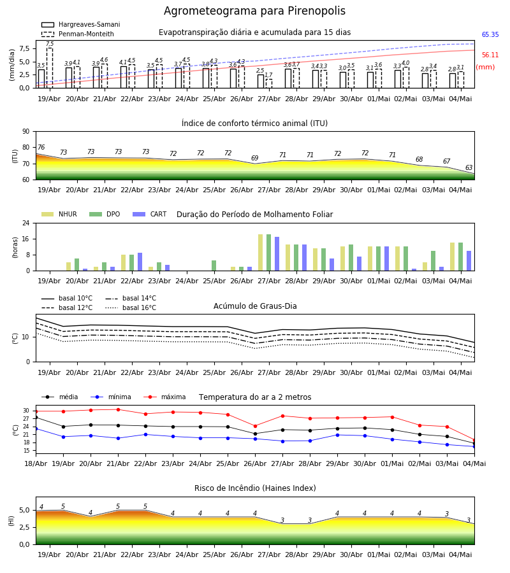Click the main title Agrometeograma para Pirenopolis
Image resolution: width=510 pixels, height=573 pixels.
point(254,11)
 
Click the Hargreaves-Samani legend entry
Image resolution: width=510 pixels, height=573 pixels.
point(80,24)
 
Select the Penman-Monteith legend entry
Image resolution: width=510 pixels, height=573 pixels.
point(78,34)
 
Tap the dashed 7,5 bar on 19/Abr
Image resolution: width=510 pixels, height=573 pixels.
point(50,68)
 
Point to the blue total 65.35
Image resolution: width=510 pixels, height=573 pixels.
point(490,35)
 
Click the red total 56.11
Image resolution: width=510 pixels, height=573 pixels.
point(490,55)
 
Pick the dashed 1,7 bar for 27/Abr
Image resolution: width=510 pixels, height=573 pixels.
point(269,83)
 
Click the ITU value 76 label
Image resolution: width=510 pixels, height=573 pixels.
point(41,147)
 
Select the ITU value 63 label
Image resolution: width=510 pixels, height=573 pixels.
point(469,167)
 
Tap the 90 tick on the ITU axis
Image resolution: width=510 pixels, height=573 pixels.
point(26,132)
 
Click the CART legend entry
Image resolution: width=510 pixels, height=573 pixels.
point(150,214)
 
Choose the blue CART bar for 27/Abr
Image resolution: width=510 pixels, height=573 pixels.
point(277,254)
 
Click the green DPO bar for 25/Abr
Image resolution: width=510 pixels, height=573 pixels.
point(214,265)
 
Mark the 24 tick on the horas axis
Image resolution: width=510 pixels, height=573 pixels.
point(26,223)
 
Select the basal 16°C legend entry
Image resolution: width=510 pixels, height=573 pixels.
point(131,308)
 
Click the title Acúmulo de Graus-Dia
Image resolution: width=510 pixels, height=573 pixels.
point(255,306)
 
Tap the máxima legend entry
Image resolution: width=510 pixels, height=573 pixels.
point(164,397)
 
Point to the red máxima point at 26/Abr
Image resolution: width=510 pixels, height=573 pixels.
point(256,426)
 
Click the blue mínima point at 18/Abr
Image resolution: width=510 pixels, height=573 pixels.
point(36,428)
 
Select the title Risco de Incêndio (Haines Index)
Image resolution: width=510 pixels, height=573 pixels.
point(255,488)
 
